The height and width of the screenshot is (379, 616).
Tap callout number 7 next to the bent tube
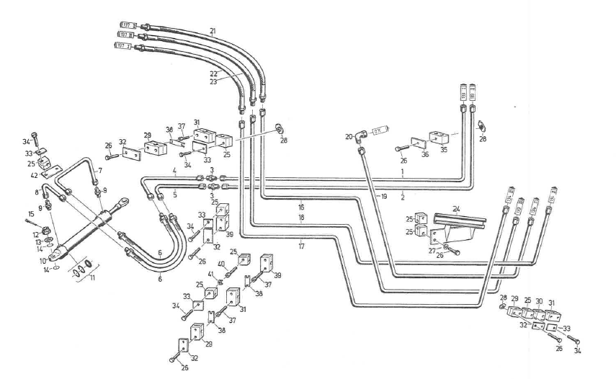[101, 171]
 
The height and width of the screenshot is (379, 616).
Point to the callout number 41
[210, 275]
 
